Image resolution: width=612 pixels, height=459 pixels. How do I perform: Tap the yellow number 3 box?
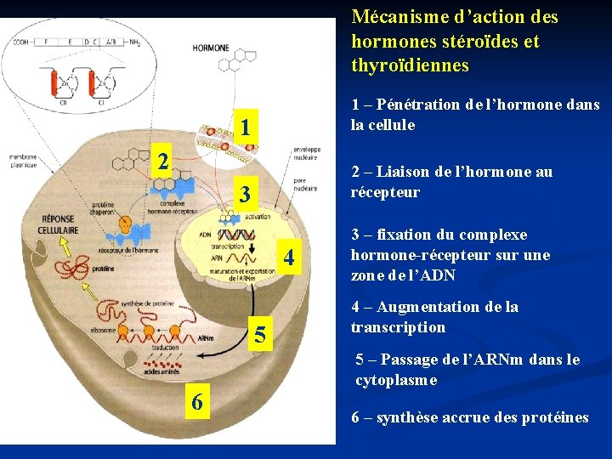244,195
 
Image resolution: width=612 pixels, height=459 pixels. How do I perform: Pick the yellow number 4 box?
289,256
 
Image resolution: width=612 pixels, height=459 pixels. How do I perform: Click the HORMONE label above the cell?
210,48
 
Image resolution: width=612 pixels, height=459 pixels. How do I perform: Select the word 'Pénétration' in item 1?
416,105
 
